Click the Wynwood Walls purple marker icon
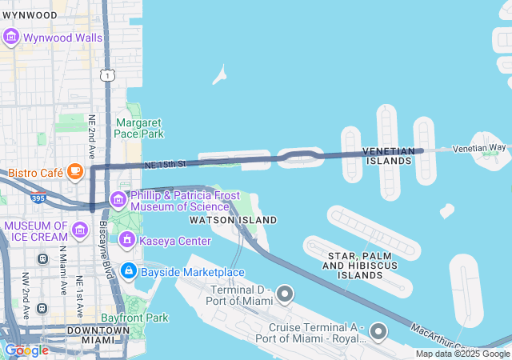11,37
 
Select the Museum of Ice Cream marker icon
79,231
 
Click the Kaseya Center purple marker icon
126,239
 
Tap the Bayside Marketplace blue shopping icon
128,272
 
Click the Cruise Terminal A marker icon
379,332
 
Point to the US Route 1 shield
106,74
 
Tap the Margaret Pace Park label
139,128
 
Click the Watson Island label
233,220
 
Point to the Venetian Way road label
479,148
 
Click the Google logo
26,350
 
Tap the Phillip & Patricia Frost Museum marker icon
118,199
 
